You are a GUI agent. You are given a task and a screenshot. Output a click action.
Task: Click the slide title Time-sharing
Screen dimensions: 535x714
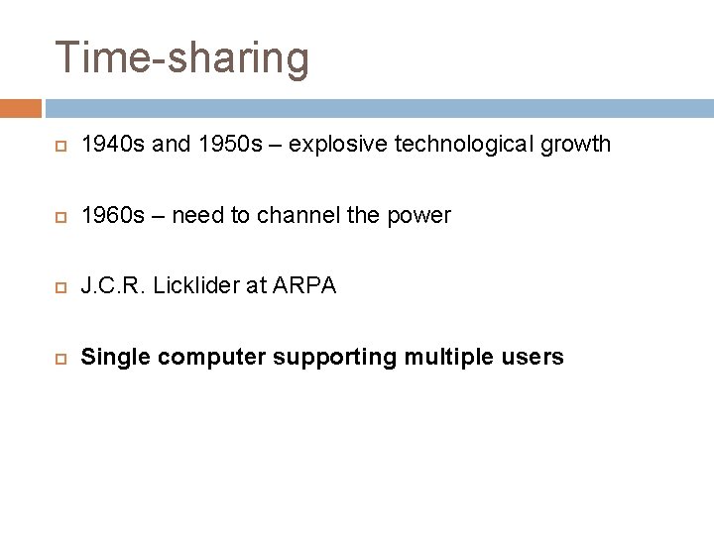(x=182, y=57)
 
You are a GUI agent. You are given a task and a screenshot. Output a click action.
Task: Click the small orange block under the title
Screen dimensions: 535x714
(x=21, y=108)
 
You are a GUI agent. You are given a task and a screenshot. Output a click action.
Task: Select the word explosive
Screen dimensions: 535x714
(x=332, y=145)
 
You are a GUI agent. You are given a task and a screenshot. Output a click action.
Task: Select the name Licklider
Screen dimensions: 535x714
(x=208, y=286)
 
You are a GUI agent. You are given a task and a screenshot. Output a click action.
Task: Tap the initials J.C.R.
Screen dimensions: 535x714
(x=114, y=286)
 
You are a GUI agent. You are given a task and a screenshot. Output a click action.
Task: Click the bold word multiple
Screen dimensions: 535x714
(x=446, y=358)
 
